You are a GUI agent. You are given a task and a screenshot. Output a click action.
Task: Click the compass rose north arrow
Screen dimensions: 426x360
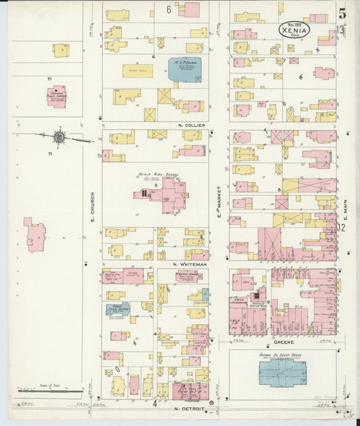point(59,138)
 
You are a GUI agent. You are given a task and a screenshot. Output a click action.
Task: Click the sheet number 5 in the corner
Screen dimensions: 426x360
point(343,11)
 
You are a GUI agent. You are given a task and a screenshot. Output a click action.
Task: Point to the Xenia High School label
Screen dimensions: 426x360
point(153,174)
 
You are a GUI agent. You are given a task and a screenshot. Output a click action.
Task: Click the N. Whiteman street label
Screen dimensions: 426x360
point(188,264)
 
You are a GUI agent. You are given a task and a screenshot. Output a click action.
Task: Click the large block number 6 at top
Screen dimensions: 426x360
point(169,9)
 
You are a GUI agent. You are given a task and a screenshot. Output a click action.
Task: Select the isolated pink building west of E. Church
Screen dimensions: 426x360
point(36,234)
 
